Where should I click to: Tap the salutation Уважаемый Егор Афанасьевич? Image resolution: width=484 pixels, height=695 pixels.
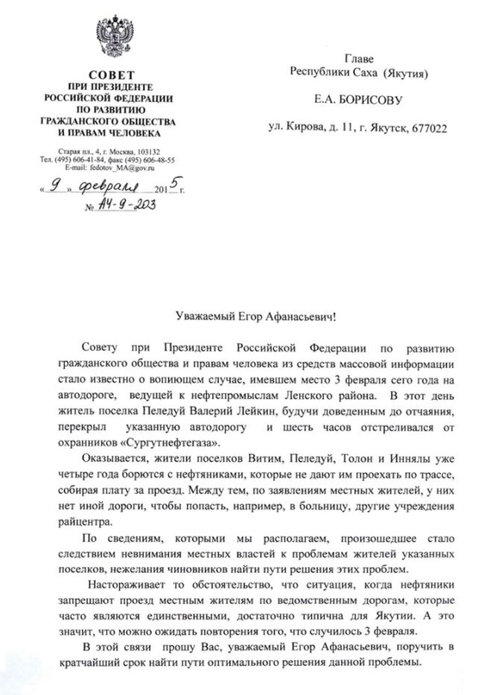(241, 317)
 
